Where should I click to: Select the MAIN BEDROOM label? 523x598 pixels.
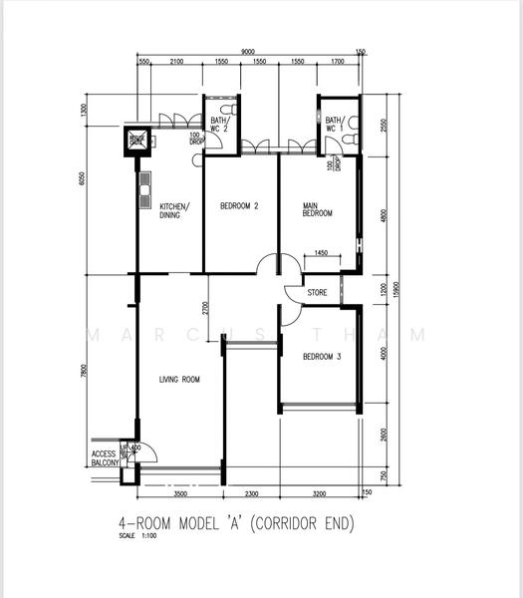point(317,210)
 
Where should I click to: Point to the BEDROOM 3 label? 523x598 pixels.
point(322,356)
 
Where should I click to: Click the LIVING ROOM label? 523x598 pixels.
point(179,379)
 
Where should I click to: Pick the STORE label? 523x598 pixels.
point(317,293)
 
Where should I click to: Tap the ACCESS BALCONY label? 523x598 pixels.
point(105,458)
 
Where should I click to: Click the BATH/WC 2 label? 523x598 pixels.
point(220,124)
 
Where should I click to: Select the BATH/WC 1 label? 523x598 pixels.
point(333,124)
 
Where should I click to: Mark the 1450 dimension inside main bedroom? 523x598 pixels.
point(320,253)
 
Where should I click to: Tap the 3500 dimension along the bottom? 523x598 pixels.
point(179,493)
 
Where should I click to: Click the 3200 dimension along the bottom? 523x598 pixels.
point(319,493)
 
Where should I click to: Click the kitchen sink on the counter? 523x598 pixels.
point(144,184)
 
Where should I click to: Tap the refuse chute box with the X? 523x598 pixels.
point(136,141)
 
